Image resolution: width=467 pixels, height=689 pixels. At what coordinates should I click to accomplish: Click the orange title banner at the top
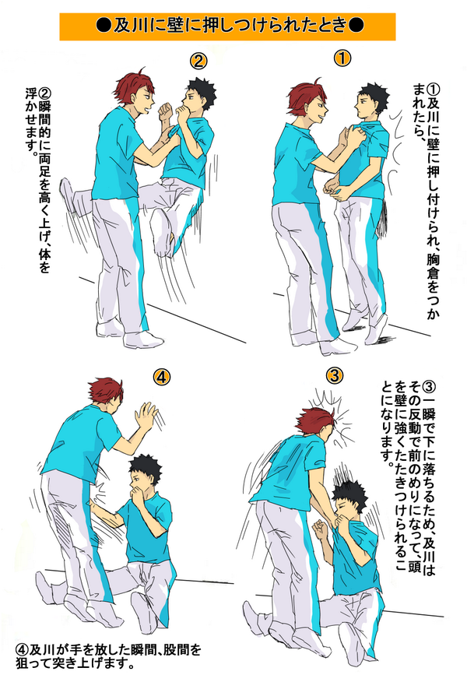tap(227, 26)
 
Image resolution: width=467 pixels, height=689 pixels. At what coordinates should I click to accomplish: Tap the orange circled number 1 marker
tap(342, 58)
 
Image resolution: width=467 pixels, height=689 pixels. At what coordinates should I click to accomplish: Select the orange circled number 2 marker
tap(198, 61)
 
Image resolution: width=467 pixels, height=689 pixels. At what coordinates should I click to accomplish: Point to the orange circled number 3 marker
tap(335, 376)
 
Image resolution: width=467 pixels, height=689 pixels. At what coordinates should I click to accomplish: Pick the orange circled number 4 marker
tap(161, 377)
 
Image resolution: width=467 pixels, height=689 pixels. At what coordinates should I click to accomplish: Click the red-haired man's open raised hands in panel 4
tap(146, 414)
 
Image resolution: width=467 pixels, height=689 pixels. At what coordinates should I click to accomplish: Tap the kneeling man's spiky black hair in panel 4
tap(144, 467)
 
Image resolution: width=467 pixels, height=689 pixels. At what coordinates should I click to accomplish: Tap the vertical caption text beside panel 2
tap(37, 180)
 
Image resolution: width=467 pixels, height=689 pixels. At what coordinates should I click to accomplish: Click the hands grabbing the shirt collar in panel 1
tap(349, 133)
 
